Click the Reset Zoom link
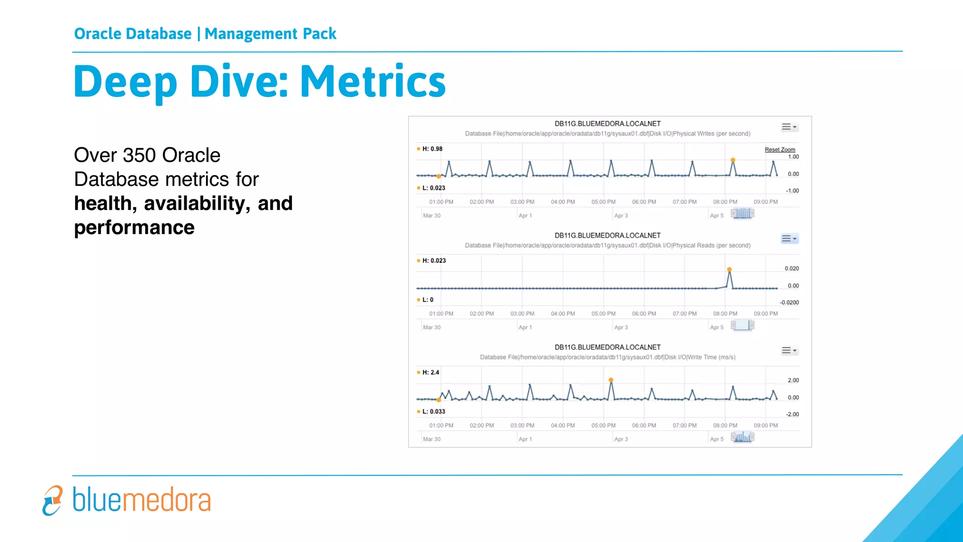[x=780, y=150]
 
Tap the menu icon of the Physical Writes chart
[x=789, y=127]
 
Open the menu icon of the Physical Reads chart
[x=789, y=239]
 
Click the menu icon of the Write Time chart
[x=789, y=351]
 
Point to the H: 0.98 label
[x=432, y=149]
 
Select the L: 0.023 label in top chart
[x=433, y=188]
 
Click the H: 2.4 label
[x=430, y=372]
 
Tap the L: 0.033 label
[x=433, y=411]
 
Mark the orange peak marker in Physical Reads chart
[x=729, y=270]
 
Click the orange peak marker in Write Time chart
[x=611, y=380]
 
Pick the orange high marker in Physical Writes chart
[x=733, y=160]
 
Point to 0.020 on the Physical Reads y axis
[x=791, y=269]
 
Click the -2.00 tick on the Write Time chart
[x=792, y=414]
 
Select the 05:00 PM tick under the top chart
[x=603, y=202]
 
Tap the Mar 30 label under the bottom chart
[x=432, y=439]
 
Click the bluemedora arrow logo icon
[x=52, y=500]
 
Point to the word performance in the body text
[x=134, y=228]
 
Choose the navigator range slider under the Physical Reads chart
[x=742, y=325]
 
